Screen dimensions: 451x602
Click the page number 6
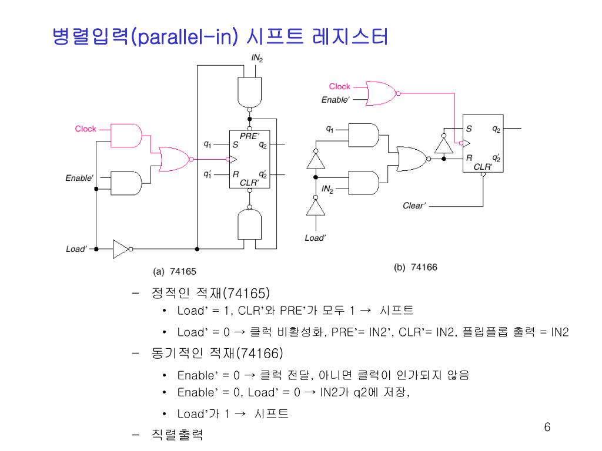(547, 427)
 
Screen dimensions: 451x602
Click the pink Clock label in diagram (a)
(85, 129)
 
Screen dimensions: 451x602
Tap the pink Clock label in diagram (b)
(339, 86)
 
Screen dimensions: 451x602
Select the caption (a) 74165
(175, 271)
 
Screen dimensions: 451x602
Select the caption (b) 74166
(415, 267)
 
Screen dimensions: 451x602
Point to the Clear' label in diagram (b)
(414, 206)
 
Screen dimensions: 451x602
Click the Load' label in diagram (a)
(76, 249)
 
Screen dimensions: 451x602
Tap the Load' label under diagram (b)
(315, 238)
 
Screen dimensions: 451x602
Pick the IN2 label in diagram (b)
(327, 189)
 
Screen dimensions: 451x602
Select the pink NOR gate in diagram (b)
(382, 92)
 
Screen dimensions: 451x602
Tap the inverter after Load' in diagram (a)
(122, 249)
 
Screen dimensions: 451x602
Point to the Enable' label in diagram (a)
(79, 178)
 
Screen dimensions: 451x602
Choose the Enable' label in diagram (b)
(335, 100)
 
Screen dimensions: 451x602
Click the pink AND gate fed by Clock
(126, 135)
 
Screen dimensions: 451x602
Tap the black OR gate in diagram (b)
(412, 159)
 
